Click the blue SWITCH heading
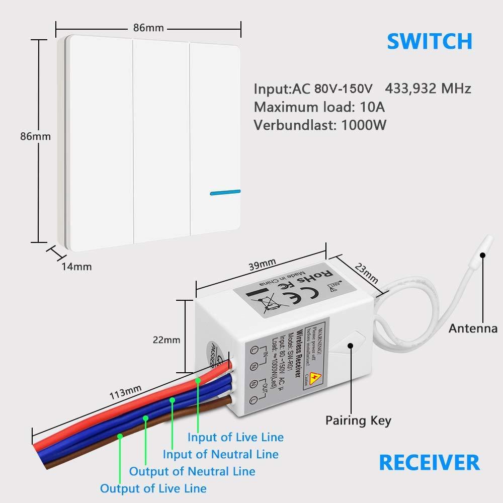[429, 41]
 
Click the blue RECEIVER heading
[429, 462]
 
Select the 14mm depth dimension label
[76, 267]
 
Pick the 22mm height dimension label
[166, 340]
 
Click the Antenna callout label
[473, 328]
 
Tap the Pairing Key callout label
[358, 420]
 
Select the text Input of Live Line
[235, 437]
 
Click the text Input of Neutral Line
[220, 454]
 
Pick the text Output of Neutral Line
[192, 471]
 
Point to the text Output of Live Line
[153, 488]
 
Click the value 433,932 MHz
[428, 89]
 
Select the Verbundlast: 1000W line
[320, 125]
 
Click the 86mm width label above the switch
[148, 28]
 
